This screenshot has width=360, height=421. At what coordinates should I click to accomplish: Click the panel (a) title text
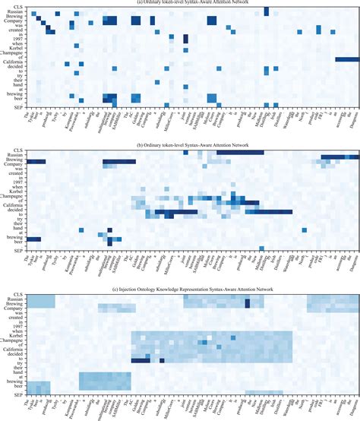click(180, 2)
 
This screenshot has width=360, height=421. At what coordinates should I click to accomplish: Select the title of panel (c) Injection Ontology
click(180, 290)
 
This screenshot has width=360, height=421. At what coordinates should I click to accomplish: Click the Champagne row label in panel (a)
click(13, 53)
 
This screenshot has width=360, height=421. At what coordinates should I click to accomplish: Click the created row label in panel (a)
click(16, 27)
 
